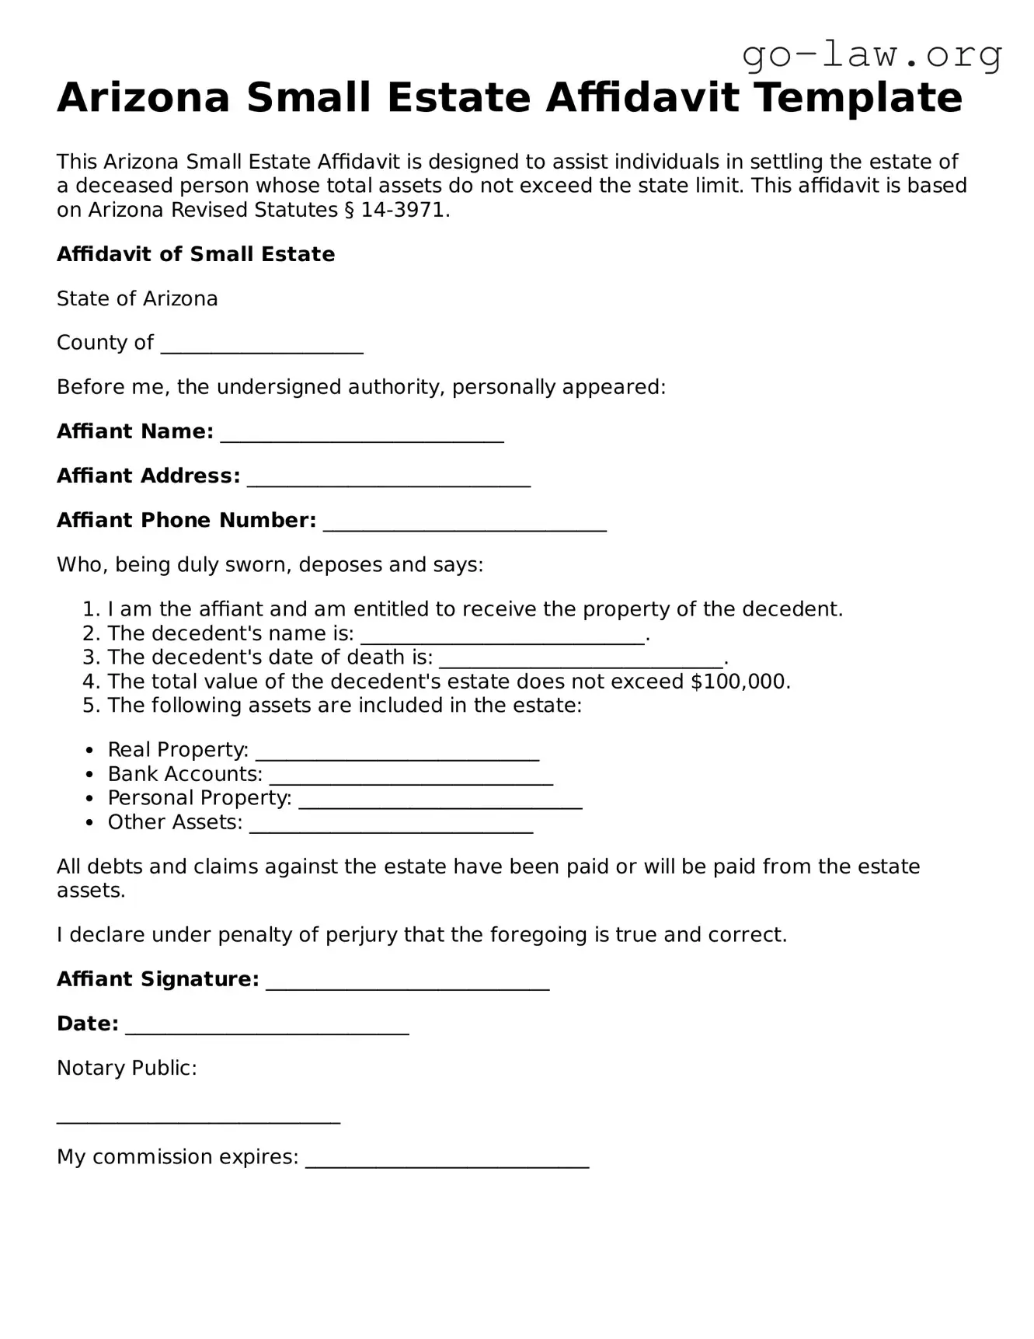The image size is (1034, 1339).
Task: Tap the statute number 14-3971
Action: click(x=403, y=210)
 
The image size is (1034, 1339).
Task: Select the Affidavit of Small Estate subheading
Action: click(x=196, y=254)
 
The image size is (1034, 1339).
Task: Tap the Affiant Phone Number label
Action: click(x=186, y=520)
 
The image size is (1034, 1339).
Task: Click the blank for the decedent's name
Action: click(x=503, y=636)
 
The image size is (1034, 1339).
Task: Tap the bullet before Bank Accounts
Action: click(x=91, y=775)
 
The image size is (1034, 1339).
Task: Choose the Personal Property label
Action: click(x=200, y=798)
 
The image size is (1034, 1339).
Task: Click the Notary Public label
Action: click(x=127, y=1068)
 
